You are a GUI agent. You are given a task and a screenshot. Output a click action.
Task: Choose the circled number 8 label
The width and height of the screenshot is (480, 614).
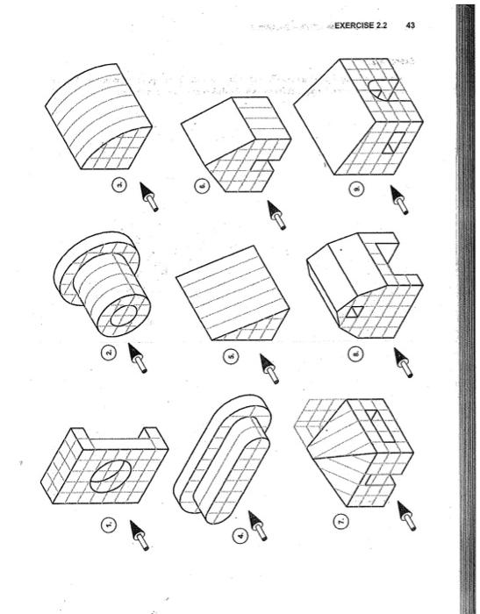[x=356, y=355]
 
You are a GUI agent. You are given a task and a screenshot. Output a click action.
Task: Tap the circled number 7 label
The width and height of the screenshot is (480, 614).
[x=344, y=521]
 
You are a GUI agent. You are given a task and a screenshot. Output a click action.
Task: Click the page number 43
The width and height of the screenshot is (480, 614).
[x=411, y=25]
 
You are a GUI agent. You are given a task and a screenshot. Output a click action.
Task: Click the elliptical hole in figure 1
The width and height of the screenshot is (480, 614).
[x=110, y=473]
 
